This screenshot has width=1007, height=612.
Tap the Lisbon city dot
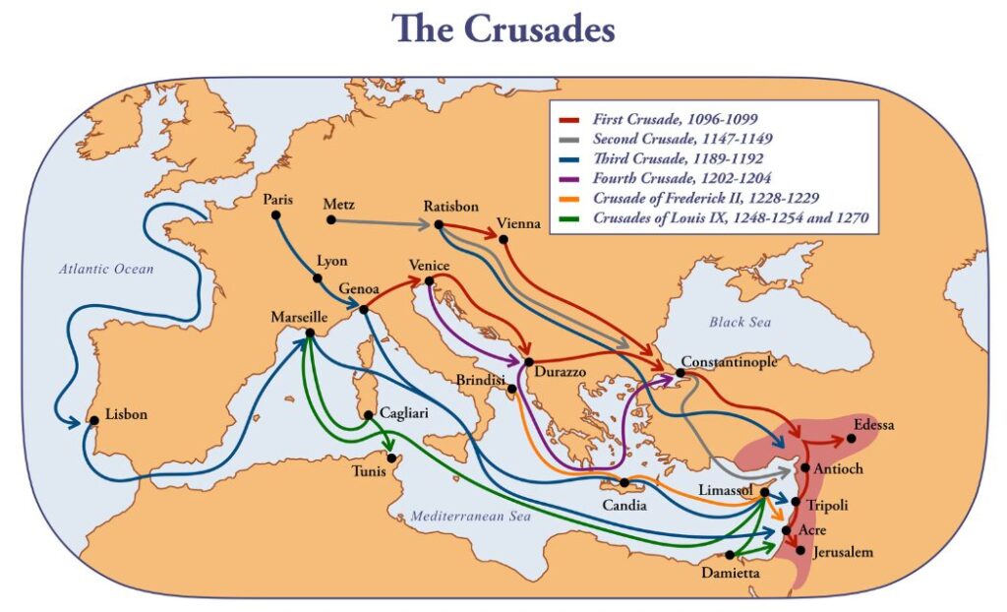point(94,420)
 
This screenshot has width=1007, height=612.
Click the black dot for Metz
point(330,219)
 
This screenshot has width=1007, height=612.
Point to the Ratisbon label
point(451,207)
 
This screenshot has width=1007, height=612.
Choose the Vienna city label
point(519,224)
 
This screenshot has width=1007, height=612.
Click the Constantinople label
point(729,361)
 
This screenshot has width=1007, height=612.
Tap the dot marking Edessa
point(851,438)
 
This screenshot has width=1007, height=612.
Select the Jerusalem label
point(842,553)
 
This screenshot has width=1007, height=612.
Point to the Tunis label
point(371,469)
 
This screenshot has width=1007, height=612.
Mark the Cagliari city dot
point(369,415)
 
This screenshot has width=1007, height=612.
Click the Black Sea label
point(740,322)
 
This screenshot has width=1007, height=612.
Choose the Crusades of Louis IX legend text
point(730,218)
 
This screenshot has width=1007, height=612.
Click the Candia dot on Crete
point(623,483)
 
